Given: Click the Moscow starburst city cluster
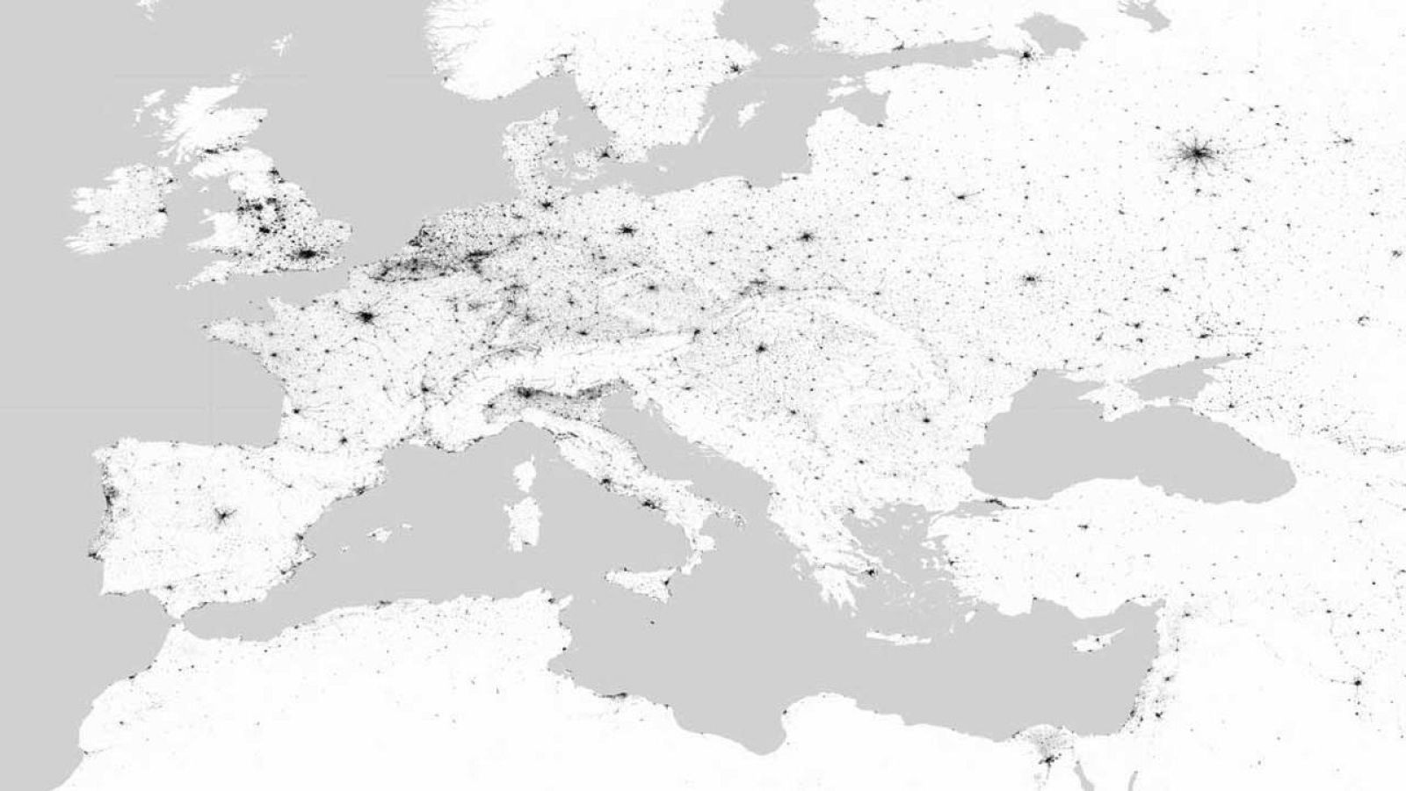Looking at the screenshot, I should [x=1194, y=156].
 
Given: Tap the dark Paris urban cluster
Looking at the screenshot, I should [x=365, y=317].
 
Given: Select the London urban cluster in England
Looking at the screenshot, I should [x=308, y=255].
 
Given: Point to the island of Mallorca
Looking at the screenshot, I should [x=378, y=534].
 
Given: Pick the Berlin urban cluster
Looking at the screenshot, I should [x=626, y=230].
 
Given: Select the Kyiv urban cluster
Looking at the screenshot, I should [x=1028, y=280].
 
